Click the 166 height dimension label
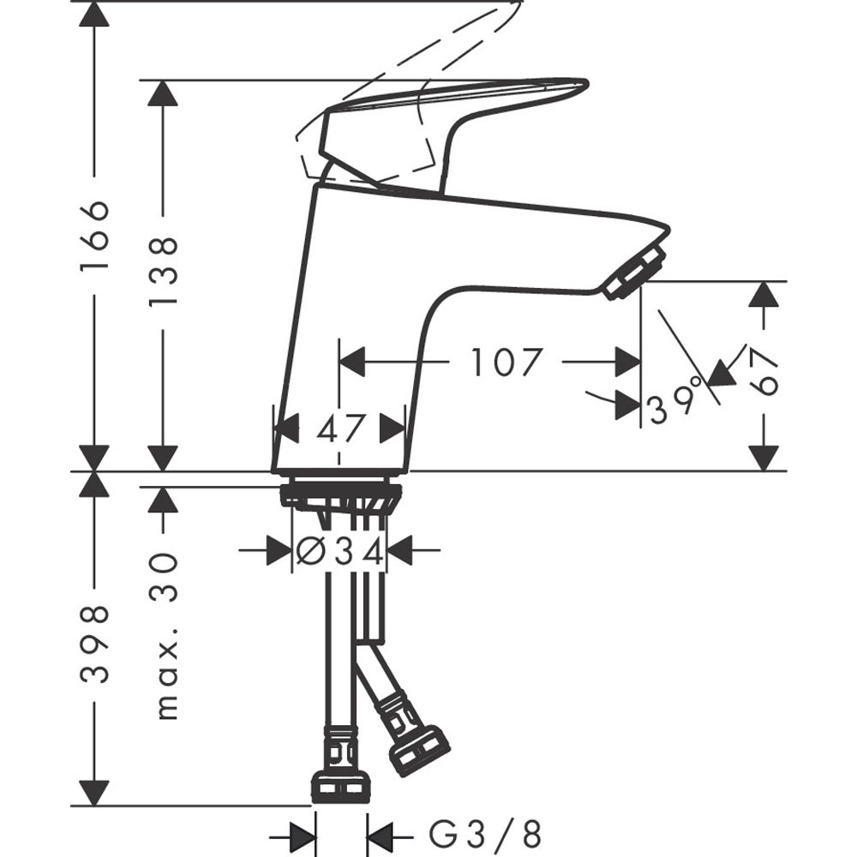tap(94, 237)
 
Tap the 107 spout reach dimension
tap(506, 363)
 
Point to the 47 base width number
tap(340, 427)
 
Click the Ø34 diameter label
tap(339, 551)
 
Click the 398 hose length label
tap(94, 644)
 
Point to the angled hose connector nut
tap(419, 751)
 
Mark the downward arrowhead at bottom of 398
tap(94, 793)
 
